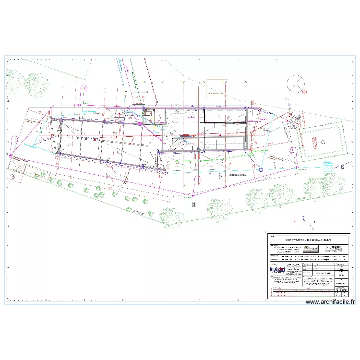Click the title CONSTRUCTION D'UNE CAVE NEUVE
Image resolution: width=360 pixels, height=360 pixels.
[309, 239]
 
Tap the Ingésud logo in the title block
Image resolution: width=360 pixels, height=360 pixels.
[278, 271]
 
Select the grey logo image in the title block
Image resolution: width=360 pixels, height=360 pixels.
[311, 249]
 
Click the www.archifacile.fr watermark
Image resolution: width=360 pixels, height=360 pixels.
[330, 302]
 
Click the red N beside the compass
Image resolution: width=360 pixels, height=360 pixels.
[304, 91]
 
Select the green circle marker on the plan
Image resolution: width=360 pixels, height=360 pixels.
[251, 154]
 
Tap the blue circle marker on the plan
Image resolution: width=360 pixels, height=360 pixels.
[261, 169]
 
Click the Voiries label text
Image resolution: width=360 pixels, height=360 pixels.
[237, 176]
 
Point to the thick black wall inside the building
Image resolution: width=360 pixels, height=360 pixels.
[226, 123]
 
